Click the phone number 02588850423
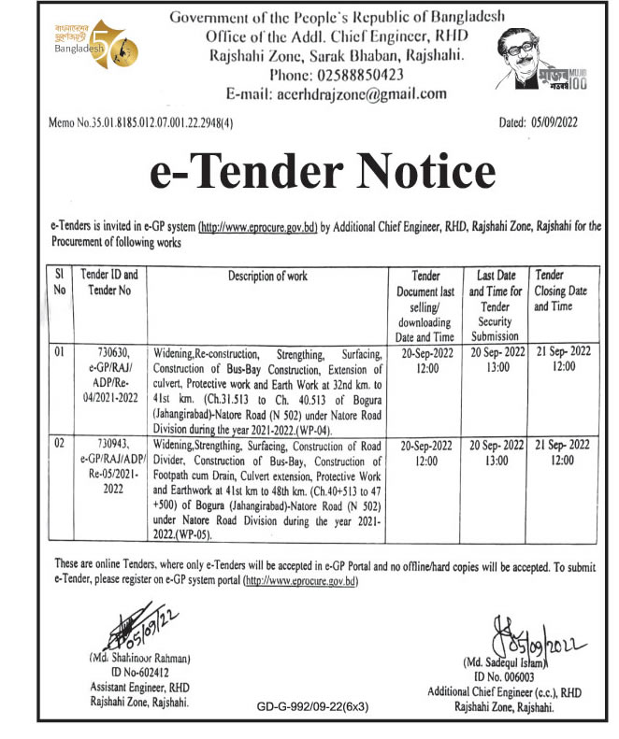point(338,75)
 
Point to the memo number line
point(141,122)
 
